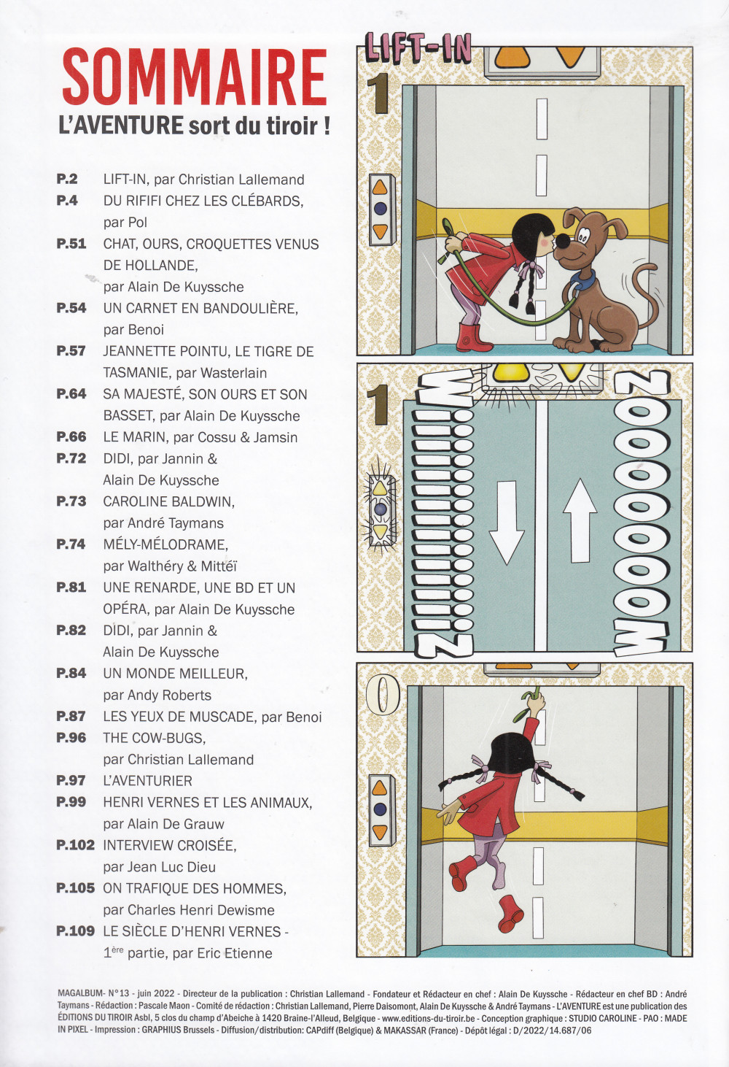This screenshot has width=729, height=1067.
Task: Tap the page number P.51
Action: (71, 244)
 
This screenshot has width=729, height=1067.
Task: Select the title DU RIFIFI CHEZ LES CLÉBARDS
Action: (203, 201)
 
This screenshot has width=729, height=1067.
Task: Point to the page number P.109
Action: (76, 931)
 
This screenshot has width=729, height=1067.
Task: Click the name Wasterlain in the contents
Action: (233, 372)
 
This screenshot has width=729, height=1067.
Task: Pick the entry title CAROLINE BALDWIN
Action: (169, 501)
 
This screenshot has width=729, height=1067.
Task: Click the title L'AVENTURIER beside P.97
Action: (148, 781)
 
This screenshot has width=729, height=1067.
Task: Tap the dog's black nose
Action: (564, 241)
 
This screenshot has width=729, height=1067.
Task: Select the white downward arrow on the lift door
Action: (507, 522)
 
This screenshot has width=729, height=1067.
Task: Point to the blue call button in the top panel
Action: (380, 208)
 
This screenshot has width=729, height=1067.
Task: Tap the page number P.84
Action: (71, 673)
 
